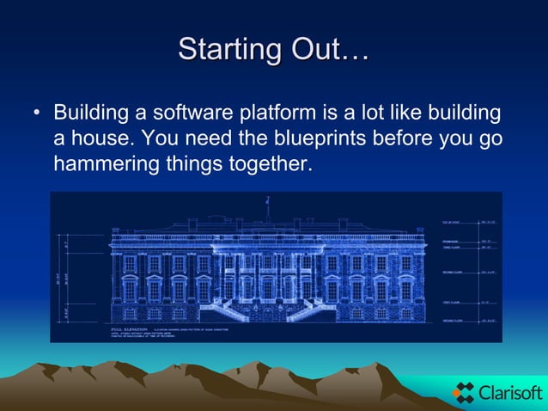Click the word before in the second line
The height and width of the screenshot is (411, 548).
431,138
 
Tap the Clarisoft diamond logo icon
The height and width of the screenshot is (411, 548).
464,393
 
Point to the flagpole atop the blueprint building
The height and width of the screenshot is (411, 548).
267,206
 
